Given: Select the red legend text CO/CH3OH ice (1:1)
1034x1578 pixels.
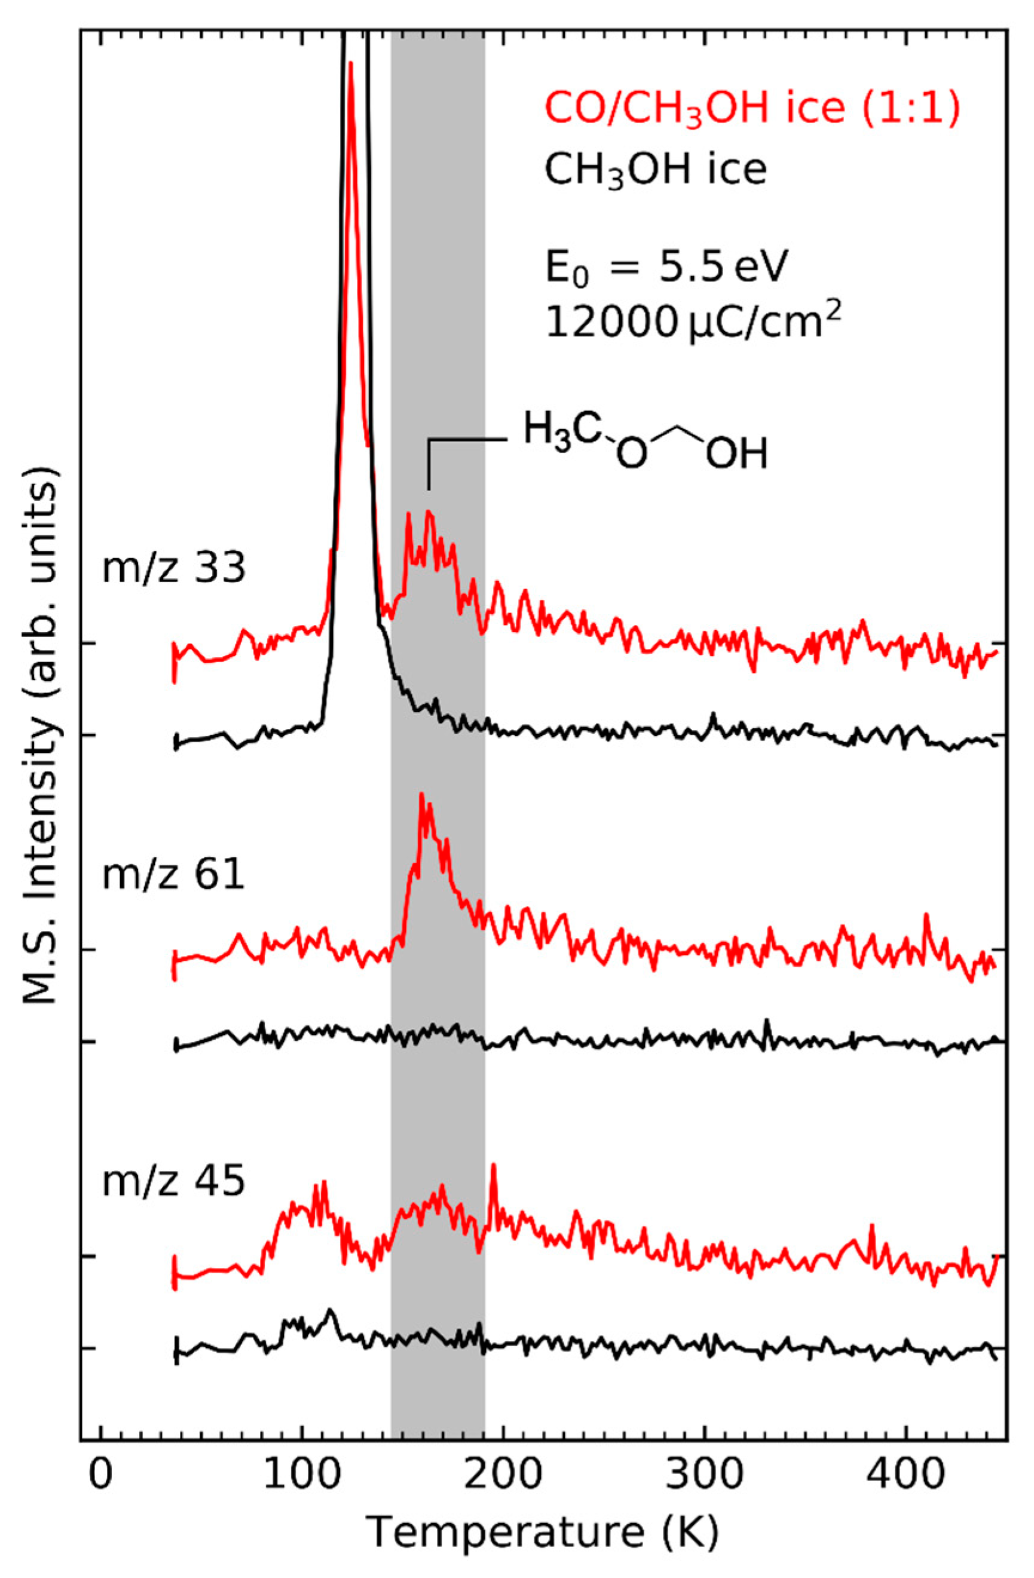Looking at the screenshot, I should tap(751, 110).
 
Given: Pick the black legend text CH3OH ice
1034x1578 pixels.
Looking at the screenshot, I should tap(655, 171).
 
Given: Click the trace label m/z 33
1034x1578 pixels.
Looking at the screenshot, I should tap(174, 569).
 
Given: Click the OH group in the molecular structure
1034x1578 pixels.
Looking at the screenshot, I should tap(736, 455).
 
